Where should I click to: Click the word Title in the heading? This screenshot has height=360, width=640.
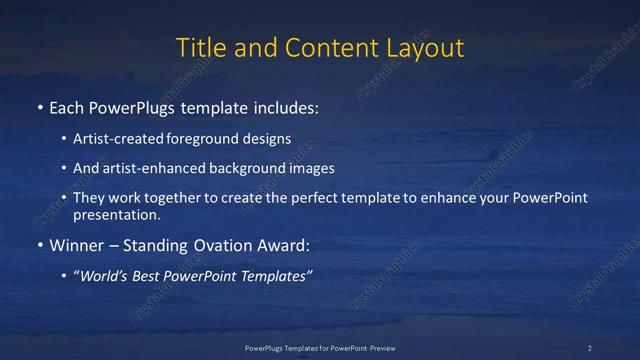pos(200,47)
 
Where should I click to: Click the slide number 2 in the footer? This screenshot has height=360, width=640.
pos(590,347)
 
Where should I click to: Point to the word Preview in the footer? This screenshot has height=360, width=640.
pos(377,347)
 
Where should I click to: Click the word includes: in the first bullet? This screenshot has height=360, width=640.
pos(289,106)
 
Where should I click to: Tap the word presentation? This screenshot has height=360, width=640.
pos(115,214)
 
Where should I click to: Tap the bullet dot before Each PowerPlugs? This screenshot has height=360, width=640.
pos(39,106)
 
